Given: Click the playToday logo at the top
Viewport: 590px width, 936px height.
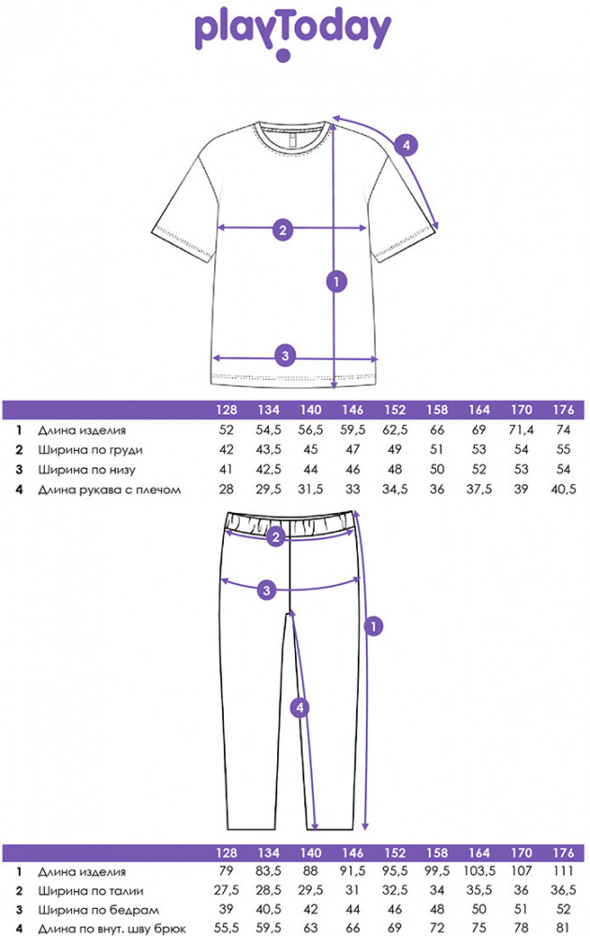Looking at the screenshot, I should pyautogui.click(x=293, y=31).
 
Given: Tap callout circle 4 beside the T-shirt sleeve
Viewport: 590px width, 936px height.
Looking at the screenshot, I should pyautogui.click(x=406, y=145).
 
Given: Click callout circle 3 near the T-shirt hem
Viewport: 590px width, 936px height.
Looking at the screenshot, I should pyautogui.click(x=287, y=355).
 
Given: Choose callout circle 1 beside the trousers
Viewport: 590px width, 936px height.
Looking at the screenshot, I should pyautogui.click(x=373, y=625).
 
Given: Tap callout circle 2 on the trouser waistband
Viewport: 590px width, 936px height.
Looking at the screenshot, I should pyautogui.click(x=274, y=537).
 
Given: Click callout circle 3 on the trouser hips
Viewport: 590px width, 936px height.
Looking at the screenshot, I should pyautogui.click(x=267, y=590).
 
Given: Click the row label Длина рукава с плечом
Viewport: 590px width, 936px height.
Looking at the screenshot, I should pyautogui.click(x=108, y=490).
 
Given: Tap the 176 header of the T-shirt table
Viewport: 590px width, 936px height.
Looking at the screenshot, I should pyautogui.click(x=563, y=410).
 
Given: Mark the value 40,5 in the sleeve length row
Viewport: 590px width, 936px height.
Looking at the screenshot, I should pyautogui.click(x=563, y=490).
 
